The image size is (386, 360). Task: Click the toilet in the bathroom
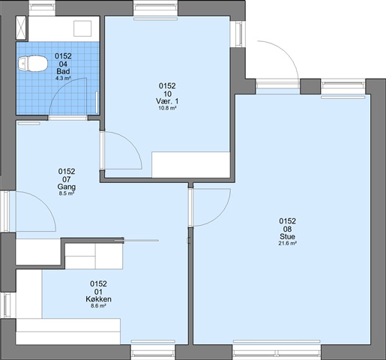pyautogui.click(x=33, y=64)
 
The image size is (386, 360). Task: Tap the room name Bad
pyautogui.click(x=63, y=71)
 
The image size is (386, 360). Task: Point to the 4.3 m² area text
pyautogui.click(x=63, y=78)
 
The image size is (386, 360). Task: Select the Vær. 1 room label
pyautogui.click(x=167, y=101)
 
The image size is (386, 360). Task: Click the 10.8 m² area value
pyautogui.click(x=167, y=108)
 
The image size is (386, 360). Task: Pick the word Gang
pyautogui.click(x=67, y=187)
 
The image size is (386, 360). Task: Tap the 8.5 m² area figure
pyautogui.click(x=67, y=193)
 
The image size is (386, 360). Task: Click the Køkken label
pyautogui.click(x=98, y=299)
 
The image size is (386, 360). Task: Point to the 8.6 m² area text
pyautogui.click(x=98, y=306)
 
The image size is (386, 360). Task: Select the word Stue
pyautogui.click(x=287, y=236)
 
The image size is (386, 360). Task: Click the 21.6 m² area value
pyautogui.click(x=287, y=243)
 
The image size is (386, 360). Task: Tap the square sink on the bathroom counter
pyautogui.click(x=82, y=28)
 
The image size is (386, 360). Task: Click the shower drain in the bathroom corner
pyautogui.click(x=21, y=28)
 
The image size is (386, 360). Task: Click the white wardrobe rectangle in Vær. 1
pyautogui.click(x=191, y=164)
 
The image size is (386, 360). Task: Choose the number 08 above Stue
pyautogui.click(x=287, y=229)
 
